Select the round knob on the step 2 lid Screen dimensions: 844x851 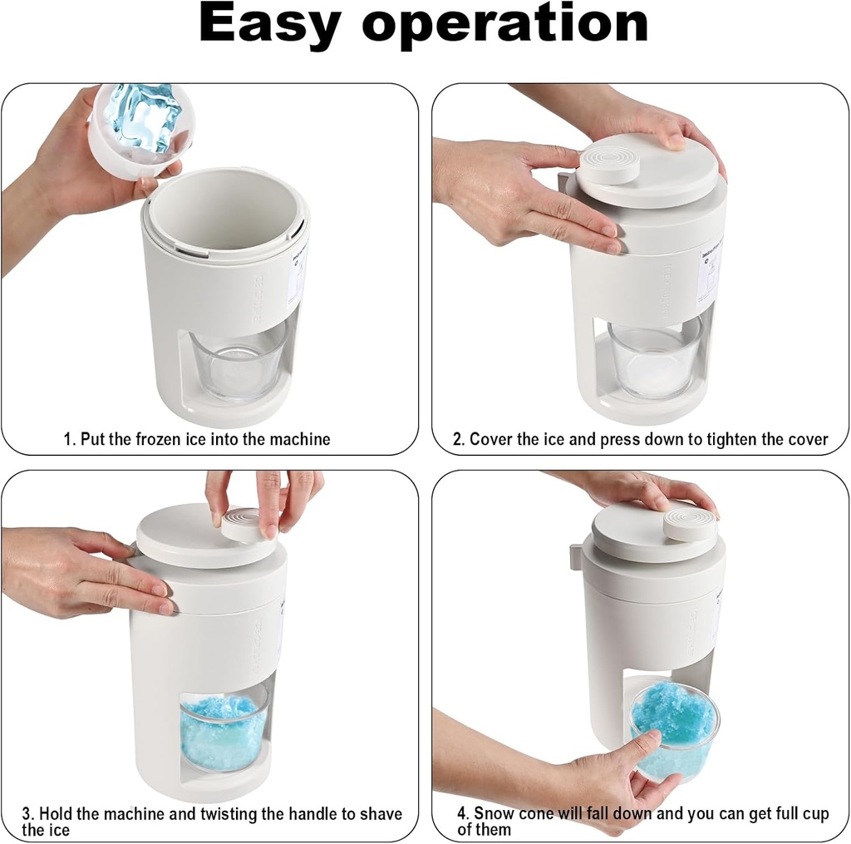click(609, 162)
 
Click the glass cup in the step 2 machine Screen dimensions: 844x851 click(654, 358)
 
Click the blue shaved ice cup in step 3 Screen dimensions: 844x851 click(224, 729)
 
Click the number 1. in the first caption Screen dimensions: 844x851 click(70, 439)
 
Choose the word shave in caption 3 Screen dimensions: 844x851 click(377, 814)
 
